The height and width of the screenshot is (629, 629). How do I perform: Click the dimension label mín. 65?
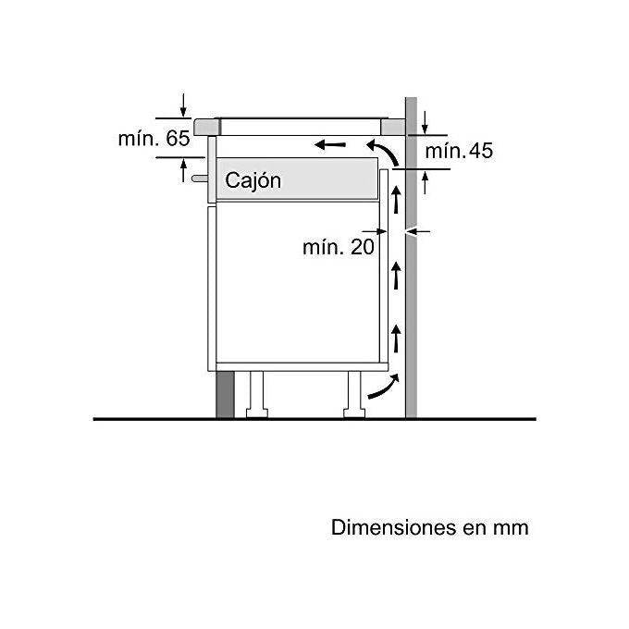click(x=154, y=139)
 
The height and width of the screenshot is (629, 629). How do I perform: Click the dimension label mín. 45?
click(x=459, y=151)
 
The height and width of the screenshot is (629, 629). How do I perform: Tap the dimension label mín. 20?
click(x=339, y=247)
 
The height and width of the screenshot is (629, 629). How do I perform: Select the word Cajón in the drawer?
click(x=253, y=180)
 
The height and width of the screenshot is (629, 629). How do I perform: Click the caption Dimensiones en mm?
click(x=429, y=527)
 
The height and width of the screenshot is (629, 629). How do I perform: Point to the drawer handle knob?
click(x=200, y=179)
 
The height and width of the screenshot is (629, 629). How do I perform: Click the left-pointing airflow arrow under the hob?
click(x=330, y=144)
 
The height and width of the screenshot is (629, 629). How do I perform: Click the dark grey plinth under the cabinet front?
click(x=225, y=394)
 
